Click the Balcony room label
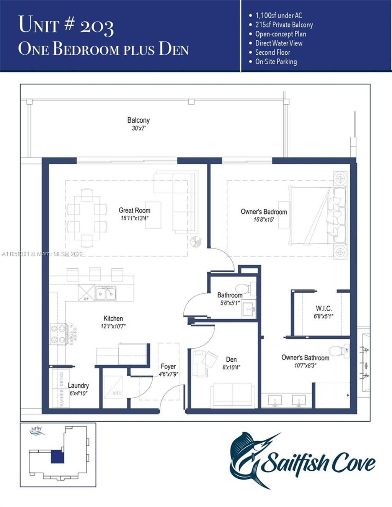coord(138,120)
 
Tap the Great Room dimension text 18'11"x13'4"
coord(134,218)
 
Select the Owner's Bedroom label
coord(264,211)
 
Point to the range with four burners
coord(58,334)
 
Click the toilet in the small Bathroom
coord(242,289)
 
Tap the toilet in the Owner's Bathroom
coord(337,351)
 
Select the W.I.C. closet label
coord(323,308)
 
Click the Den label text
coord(231,359)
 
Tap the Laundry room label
coord(78,385)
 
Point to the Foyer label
coord(168,366)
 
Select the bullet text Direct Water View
coord(279,43)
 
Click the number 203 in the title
coord(97,26)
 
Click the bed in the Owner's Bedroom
coord(318,216)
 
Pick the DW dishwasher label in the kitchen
coord(86,299)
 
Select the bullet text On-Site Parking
coord(276,62)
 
